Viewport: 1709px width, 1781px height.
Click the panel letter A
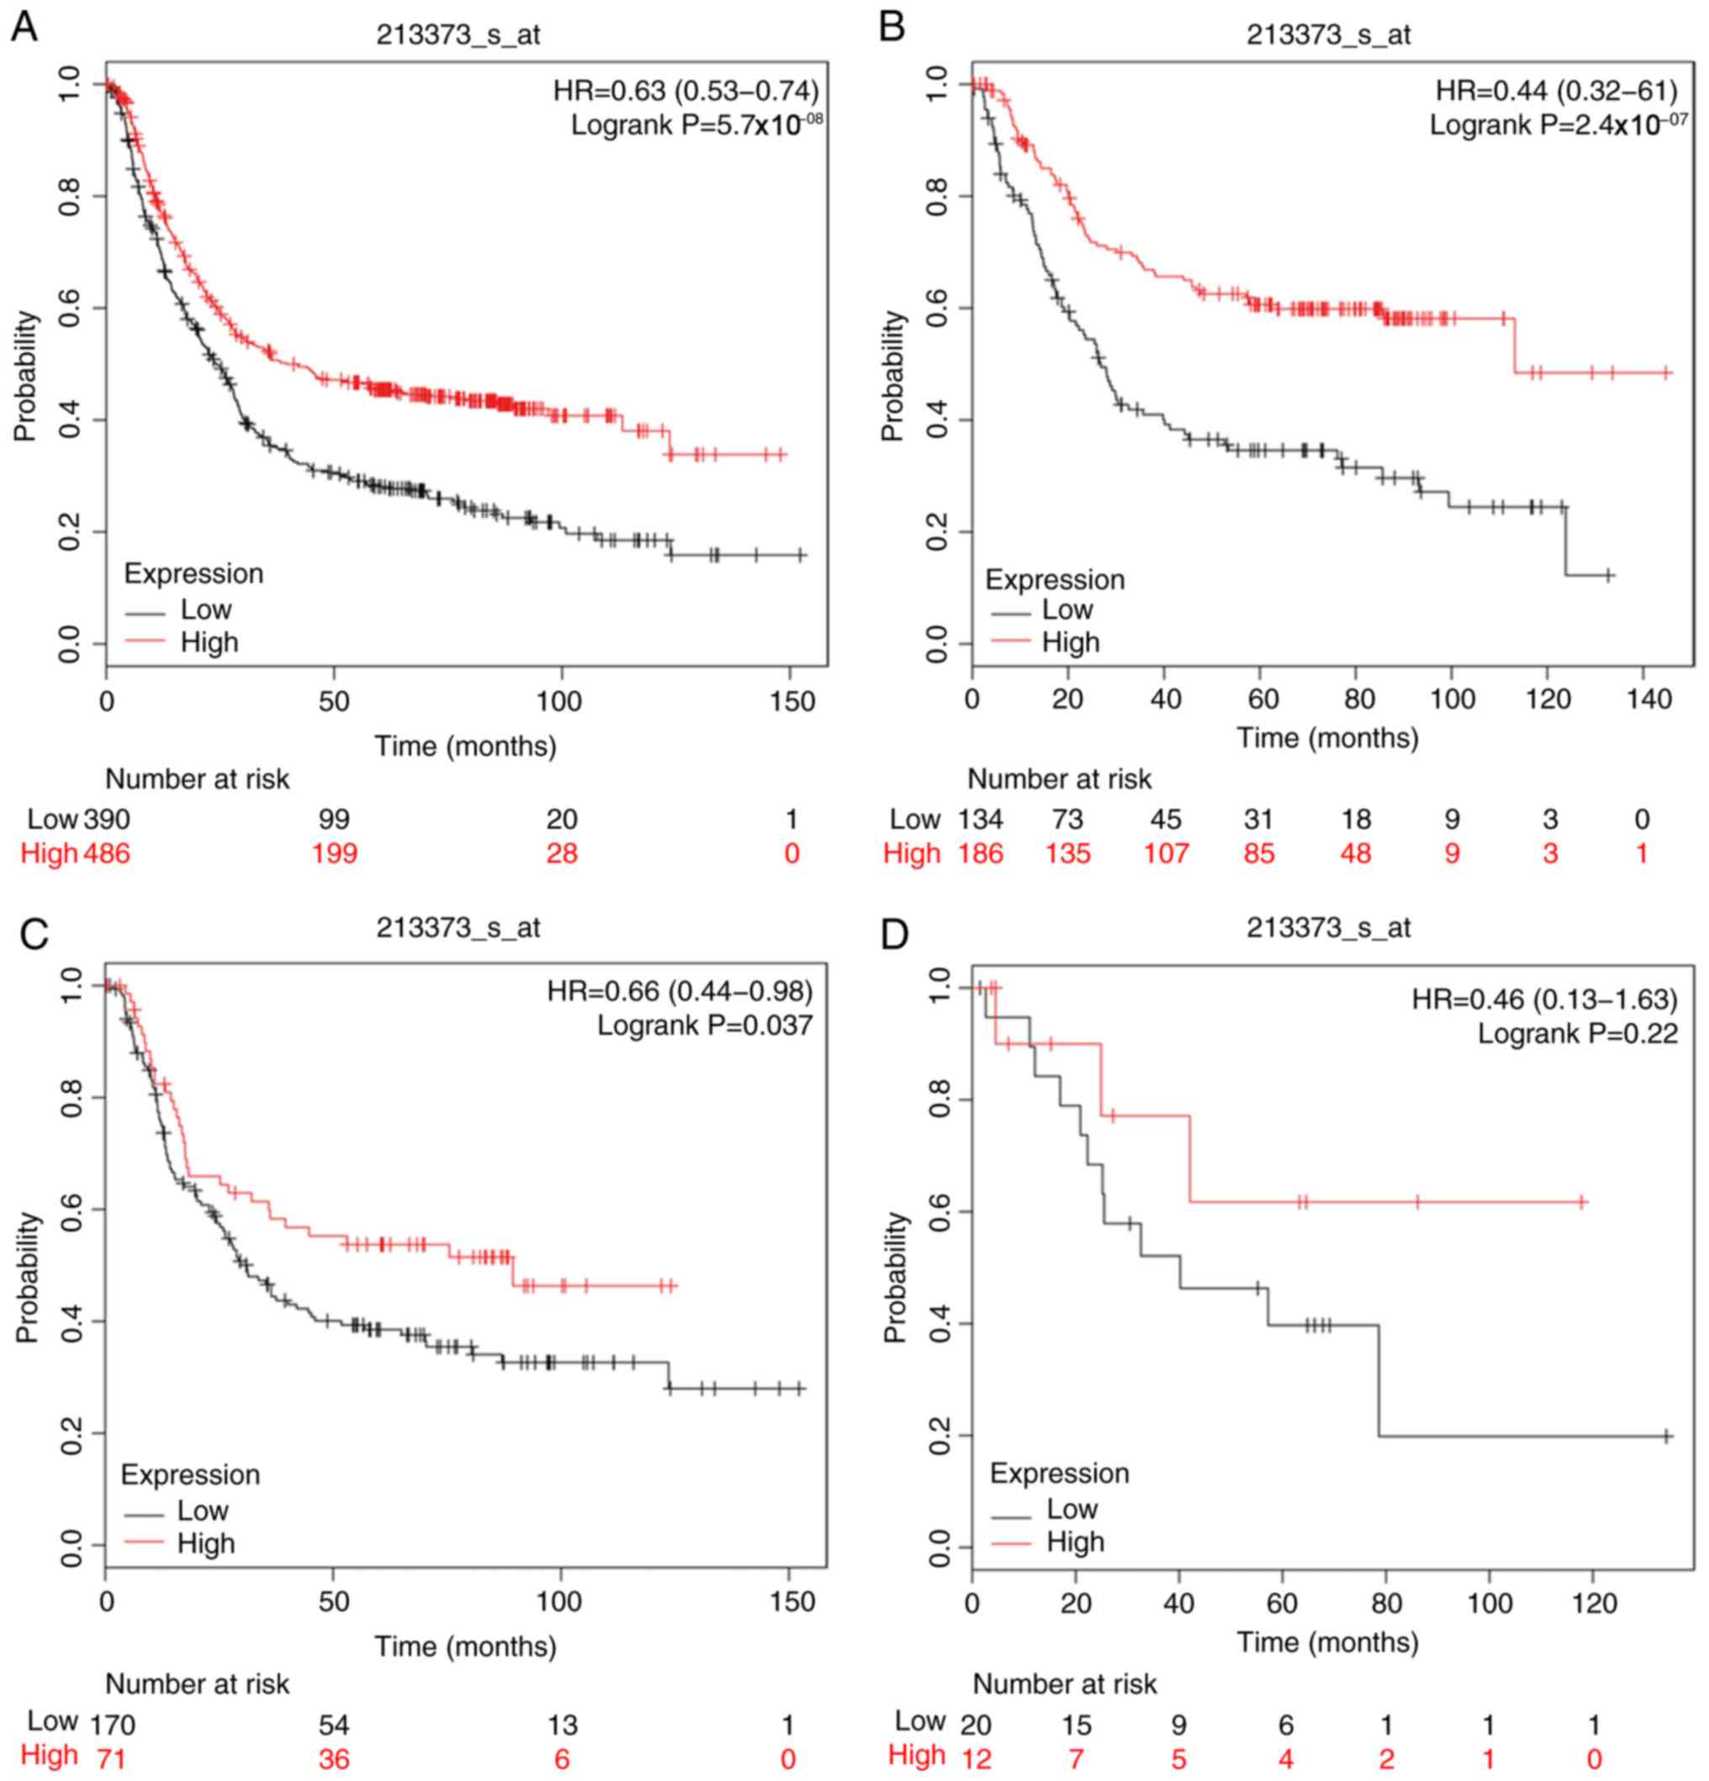click(x=24, y=28)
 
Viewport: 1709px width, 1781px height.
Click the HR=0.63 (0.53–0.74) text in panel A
click(x=686, y=91)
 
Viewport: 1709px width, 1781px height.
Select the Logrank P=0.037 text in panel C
click(x=704, y=1025)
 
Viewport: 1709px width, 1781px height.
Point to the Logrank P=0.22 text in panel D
click(x=1577, y=1033)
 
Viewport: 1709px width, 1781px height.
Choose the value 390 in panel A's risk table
click(x=107, y=819)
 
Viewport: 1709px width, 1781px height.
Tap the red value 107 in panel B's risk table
click(x=1166, y=853)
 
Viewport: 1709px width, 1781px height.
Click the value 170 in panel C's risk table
click(x=112, y=1724)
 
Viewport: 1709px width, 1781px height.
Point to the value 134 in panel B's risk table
click(x=981, y=819)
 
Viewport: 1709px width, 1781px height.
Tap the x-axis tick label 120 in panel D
click(x=1593, y=1603)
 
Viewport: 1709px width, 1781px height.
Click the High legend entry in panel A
click(x=209, y=642)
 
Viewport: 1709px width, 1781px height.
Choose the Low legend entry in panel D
click(x=1071, y=1509)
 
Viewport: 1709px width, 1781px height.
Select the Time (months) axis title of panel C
click(x=465, y=1646)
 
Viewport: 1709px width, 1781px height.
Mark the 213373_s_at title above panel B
click(x=1328, y=34)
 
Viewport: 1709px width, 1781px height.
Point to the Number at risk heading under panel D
click(x=1065, y=1683)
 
